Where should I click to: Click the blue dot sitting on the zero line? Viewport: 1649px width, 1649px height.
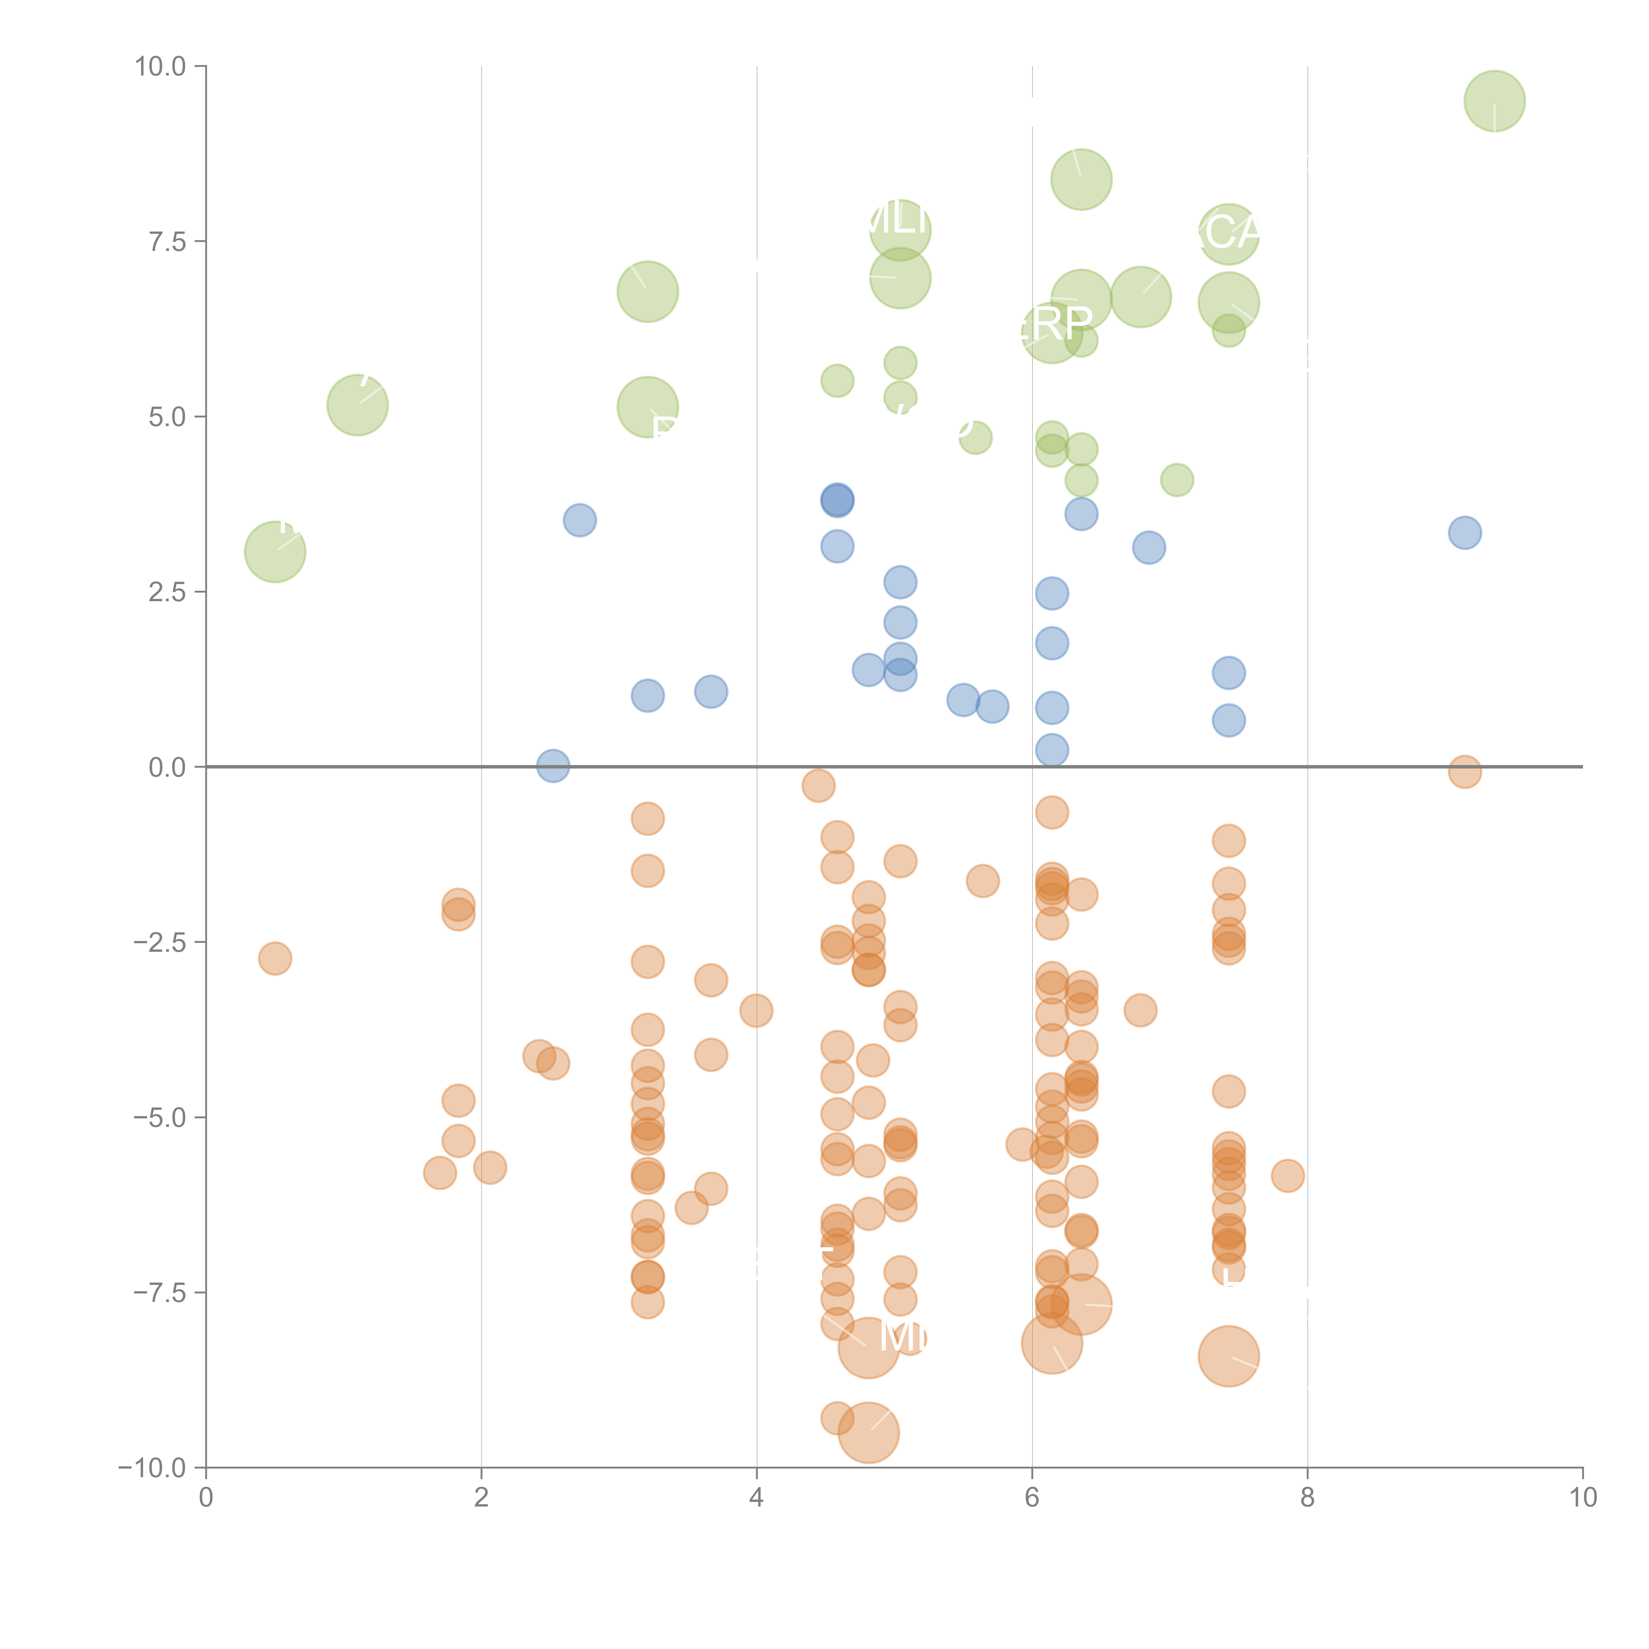click(x=553, y=765)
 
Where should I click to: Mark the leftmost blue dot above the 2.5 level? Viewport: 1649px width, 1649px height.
click(x=579, y=520)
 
